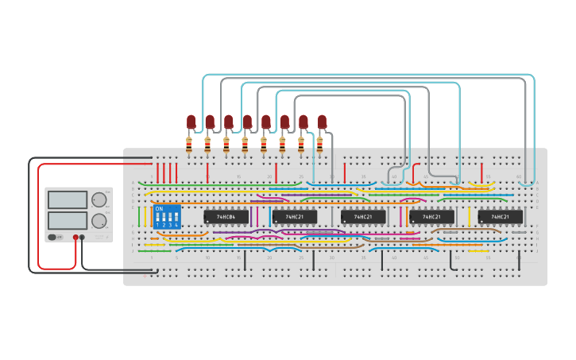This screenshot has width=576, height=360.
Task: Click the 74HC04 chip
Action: click(x=226, y=216)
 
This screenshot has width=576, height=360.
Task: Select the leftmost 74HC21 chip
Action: click(x=294, y=216)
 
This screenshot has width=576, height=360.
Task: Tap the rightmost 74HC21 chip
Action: click(x=500, y=216)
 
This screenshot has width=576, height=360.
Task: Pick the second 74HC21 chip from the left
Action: click(x=363, y=216)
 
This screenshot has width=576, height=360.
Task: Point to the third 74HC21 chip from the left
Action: click(x=431, y=216)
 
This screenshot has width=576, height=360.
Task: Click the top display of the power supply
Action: click(x=68, y=200)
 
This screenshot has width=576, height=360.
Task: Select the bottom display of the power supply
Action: click(x=68, y=220)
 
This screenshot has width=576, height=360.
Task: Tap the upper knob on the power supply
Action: click(x=99, y=200)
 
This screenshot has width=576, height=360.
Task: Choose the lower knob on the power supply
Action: click(x=99, y=220)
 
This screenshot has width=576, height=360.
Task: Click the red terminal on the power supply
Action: click(x=76, y=237)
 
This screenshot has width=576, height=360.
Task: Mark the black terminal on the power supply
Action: click(x=83, y=237)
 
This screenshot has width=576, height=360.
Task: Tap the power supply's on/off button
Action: click(x=53, y=237)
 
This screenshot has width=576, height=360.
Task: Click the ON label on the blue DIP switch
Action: click(x=159, y=208)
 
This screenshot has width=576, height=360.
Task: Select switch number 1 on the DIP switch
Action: click(x=158, y=218)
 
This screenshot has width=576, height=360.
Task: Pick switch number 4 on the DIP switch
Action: click(x=176, y=218)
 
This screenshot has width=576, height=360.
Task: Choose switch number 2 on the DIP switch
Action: click(x=164, y=218)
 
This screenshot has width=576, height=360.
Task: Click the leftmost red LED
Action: click(x=191, y=122)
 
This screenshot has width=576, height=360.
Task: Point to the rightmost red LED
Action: click(x=322, y=122)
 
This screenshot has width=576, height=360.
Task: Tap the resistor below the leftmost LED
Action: click(x=188, y=144)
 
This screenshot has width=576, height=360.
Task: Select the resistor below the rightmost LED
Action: click(x=319, y=144)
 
